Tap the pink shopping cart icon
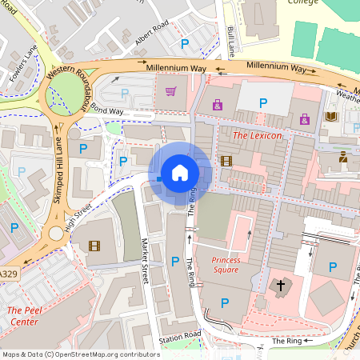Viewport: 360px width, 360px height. tap(170, 91)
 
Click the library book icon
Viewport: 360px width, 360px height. tap(331, 118)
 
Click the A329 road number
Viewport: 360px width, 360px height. tap(7, 274)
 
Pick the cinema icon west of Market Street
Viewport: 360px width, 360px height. tap(95, 246)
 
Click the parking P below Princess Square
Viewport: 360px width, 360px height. tap(225, 302)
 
